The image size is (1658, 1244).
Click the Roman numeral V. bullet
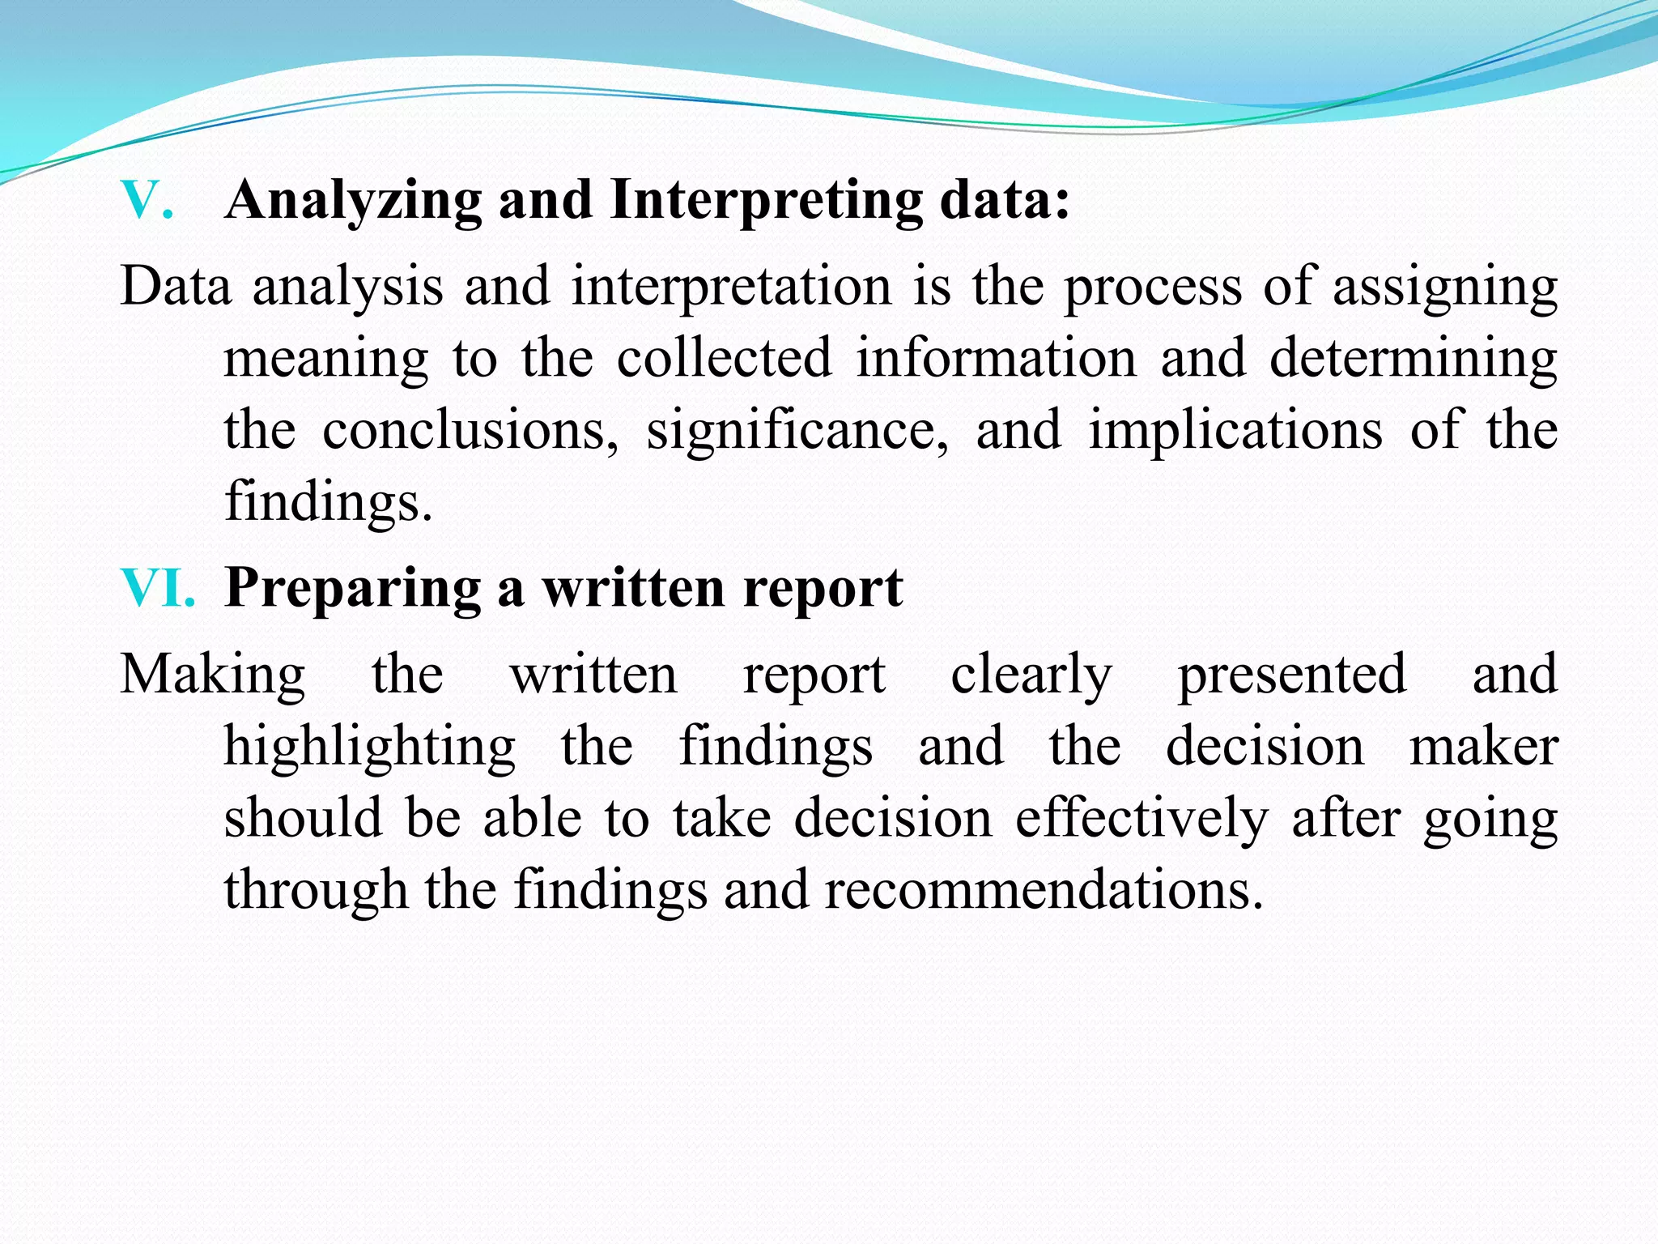pos(147,199)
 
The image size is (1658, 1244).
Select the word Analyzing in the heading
pos(354,201)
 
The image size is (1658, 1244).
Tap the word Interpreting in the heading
pos(766,201)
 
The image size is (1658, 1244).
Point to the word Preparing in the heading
pos(353,589)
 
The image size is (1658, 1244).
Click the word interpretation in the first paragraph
pos(731,288)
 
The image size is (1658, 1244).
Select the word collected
pos(725,358)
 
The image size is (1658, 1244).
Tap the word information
pos(997,358)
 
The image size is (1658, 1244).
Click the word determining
pos(1414,360)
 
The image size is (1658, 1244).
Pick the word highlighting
pos(370,748)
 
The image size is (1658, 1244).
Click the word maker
pos(1484,746)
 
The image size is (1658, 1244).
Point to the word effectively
pos(1142,818)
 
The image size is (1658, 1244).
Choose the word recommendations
pos(1044,889)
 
